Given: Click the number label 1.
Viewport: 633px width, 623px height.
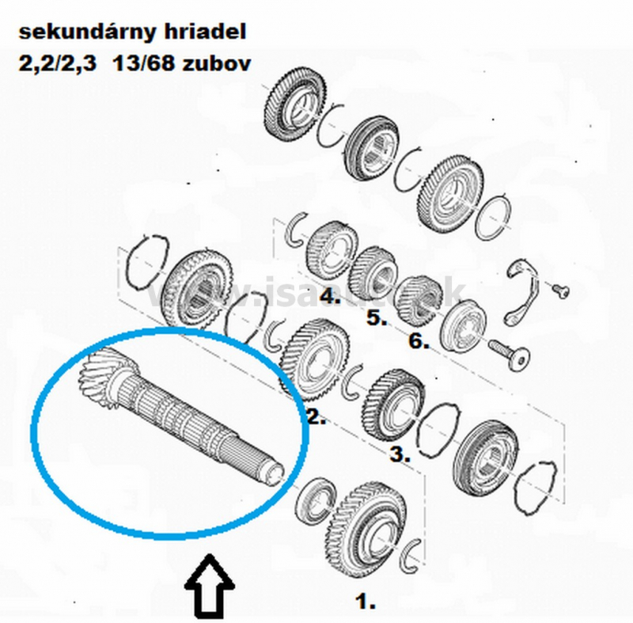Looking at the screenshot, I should [x=365, y=602].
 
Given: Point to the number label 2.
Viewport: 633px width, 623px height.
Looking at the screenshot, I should [x=316, y=418].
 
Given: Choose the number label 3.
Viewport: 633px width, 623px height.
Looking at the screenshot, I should [x=399, y=455].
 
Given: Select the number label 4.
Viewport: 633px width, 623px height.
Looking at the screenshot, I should [x=330, y=298].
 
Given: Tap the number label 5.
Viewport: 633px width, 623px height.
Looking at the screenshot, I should [x=375, y=320].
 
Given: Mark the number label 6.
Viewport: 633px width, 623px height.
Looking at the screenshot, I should [x=419, y=342].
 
